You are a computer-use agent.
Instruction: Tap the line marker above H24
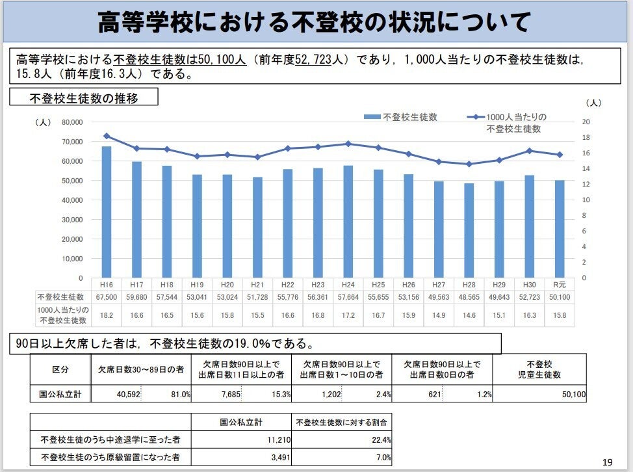click(x=348, y=144)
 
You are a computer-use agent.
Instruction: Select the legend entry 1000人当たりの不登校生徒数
click(x=513, y=123)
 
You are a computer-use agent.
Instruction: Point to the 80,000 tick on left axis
click(x=72, y=122)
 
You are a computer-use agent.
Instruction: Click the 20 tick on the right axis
click(x=586, y=122)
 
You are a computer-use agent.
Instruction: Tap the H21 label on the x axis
click(x=257, y=285)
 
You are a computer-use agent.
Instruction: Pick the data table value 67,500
click(x=106, y=297)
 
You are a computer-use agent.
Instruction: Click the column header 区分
click(x=60, y=371)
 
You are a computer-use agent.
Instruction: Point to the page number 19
click(x=607, y=462)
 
